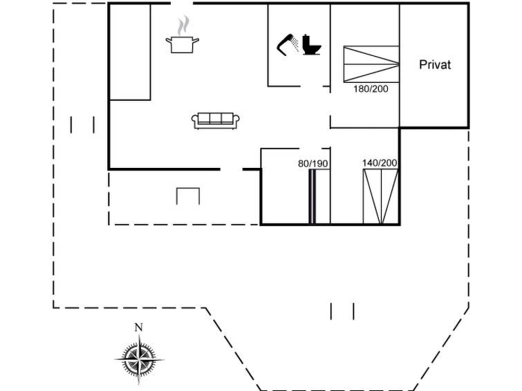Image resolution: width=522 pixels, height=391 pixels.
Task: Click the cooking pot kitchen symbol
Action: click(183, 45)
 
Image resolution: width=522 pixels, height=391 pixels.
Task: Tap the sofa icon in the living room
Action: click(216, 120)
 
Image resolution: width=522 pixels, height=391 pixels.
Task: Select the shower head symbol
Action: click(288, 44)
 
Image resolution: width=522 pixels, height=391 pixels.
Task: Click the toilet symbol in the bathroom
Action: click(312, 45)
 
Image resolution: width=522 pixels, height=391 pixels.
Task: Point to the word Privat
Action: click(435, 64)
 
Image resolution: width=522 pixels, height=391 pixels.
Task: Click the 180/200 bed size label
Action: click(371, 89)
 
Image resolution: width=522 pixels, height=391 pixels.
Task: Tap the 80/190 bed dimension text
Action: click(313, 164)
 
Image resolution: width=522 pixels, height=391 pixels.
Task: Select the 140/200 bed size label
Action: click(380, 163)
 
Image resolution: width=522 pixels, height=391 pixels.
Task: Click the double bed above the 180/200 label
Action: click(371, 64)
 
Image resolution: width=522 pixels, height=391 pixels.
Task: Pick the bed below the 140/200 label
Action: click(380, 197)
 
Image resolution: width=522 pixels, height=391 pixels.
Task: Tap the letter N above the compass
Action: click(138, 327)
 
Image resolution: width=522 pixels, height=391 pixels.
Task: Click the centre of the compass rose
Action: click(139, 360)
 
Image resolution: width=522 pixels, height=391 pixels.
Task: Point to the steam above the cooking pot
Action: click(183, 26)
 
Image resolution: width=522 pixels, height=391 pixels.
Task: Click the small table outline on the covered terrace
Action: click(188, 196)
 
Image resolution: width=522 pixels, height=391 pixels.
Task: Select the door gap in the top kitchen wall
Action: click(182, 3)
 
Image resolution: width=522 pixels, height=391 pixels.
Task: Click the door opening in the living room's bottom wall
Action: click(232, 169)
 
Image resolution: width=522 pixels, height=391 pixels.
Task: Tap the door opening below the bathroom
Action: click(312, 86)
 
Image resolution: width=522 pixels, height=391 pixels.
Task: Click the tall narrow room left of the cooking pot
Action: click(130, 52)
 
